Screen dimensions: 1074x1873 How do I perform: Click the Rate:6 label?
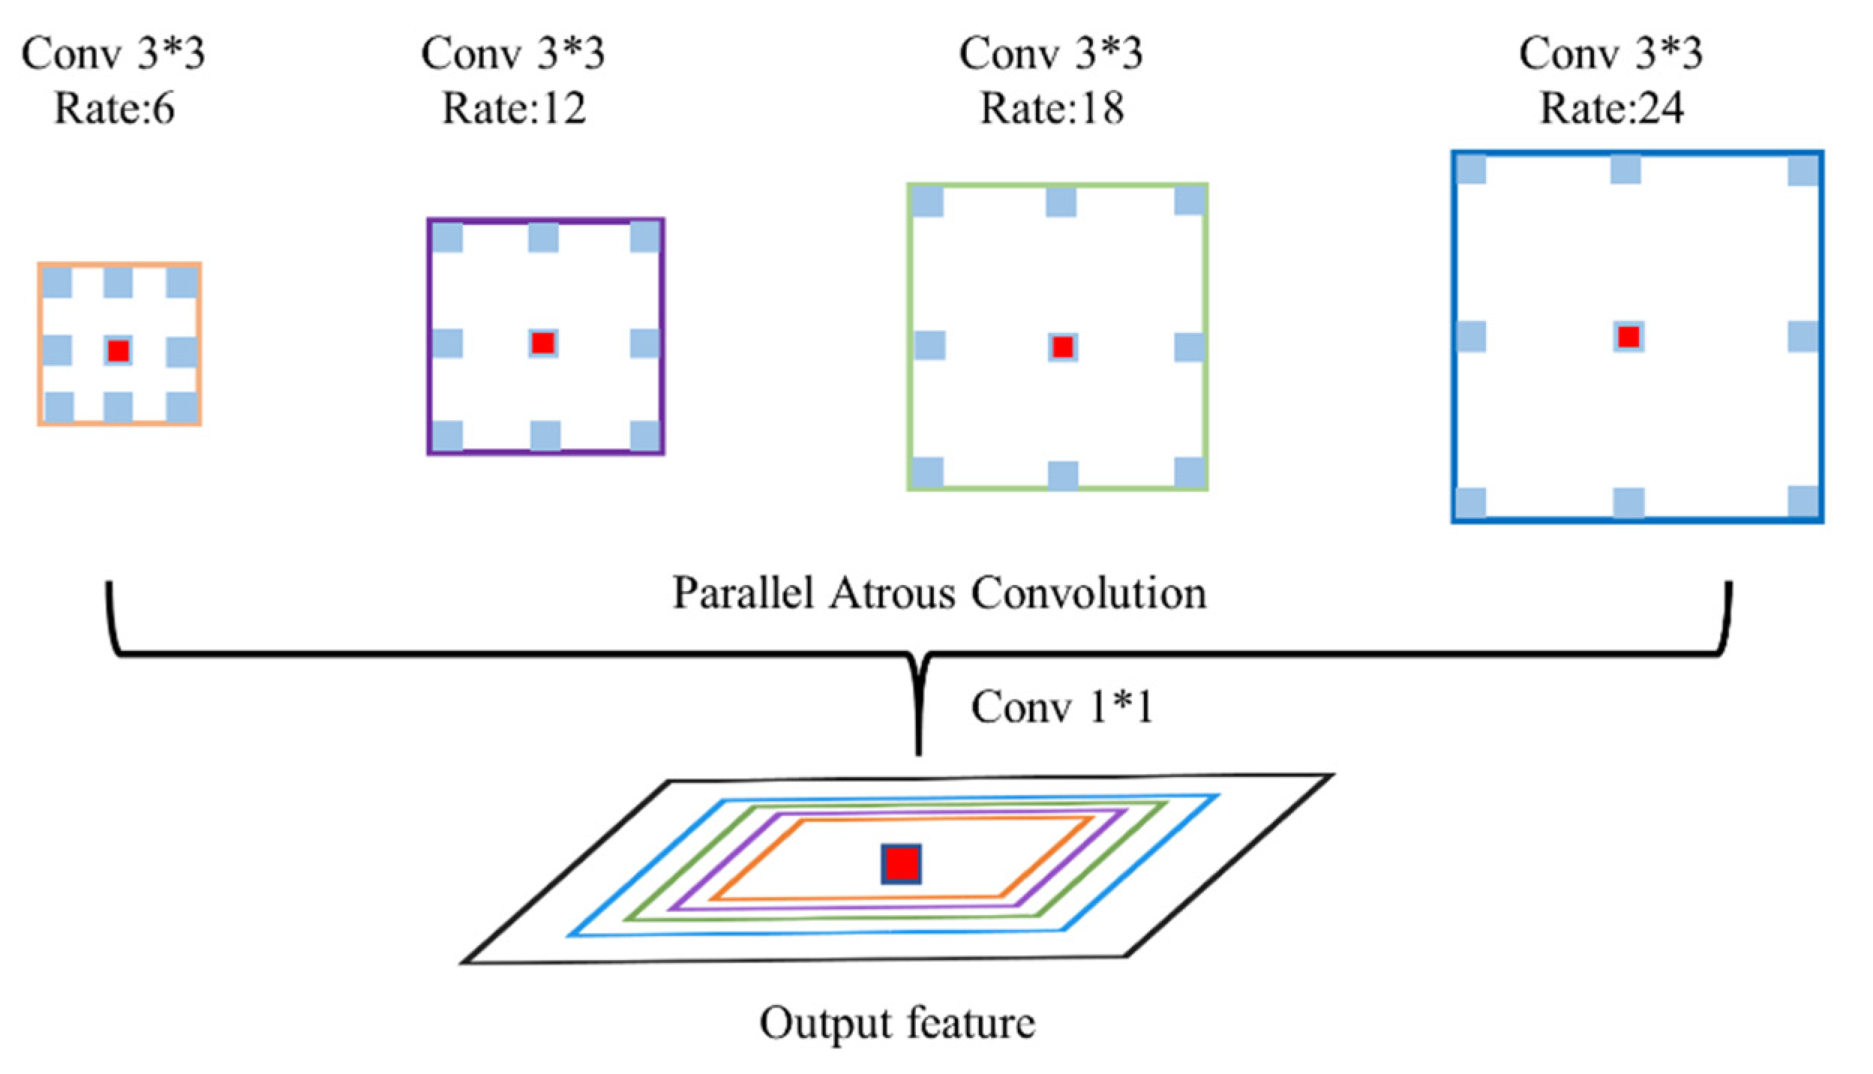(x=114, y=109)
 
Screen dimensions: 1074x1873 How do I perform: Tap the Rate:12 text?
(x=514, y=109)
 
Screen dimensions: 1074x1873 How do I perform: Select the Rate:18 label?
(x=1052, y=109)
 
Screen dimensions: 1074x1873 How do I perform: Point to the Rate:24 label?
(x=1611, y=109)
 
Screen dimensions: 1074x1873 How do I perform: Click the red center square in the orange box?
(x=119, y=350)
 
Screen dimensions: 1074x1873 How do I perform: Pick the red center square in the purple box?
(x=543, y=343)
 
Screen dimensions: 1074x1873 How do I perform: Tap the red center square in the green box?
(x=1063, y=346)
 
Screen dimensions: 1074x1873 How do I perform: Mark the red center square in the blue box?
(x=1628, y=336)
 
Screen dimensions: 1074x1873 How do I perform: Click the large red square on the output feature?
(x=901, y=864)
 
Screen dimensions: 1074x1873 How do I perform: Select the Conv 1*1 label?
(x=1061, y=706)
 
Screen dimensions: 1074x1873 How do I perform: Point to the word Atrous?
(x=892, y=593)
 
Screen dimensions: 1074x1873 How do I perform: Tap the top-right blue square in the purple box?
(x=645, y=237)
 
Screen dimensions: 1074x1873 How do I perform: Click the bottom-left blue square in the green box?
(x=928, y=472)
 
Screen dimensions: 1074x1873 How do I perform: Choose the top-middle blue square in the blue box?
(x=1625, y=169)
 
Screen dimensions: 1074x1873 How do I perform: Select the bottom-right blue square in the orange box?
(x=182, y=407)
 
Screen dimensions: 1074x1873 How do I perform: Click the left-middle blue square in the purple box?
(x=448, y=343)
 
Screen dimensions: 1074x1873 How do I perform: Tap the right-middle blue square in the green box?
(x=1190, y=347)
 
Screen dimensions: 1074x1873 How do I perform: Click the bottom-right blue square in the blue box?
(x=1802, y=501)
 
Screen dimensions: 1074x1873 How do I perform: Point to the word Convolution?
(x=1088, y=593)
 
